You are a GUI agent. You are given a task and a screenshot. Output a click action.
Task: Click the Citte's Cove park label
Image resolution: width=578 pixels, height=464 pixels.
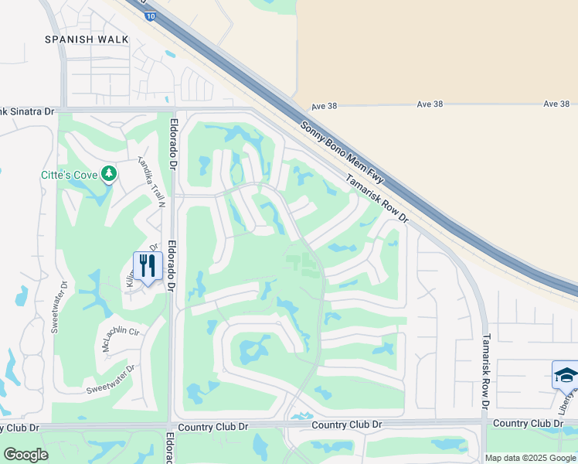point(69,176)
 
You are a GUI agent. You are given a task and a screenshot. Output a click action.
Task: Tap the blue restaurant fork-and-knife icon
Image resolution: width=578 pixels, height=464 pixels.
point(146,265)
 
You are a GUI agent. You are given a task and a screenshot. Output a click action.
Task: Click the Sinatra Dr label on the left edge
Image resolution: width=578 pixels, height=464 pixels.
point(27,112)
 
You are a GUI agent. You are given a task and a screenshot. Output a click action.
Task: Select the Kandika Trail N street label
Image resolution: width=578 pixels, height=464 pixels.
point(151,182)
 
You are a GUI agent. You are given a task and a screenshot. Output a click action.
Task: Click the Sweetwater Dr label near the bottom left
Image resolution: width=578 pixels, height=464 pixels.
point(110,379)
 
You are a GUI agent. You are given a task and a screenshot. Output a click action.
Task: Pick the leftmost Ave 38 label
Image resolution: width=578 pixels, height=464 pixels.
point(325,105)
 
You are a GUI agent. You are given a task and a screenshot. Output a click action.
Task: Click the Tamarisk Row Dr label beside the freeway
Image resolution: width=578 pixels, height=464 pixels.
point(376,197)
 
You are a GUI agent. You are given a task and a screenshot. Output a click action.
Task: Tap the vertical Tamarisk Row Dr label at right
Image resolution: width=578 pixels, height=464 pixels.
point(486,370)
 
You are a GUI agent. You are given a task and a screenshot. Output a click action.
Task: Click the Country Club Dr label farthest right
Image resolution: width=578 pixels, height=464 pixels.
point(528,423)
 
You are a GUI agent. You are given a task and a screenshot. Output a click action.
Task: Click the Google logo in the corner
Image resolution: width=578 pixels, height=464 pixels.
point(25,455)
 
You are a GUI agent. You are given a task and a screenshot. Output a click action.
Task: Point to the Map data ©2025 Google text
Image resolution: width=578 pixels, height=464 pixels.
point(530,458)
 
